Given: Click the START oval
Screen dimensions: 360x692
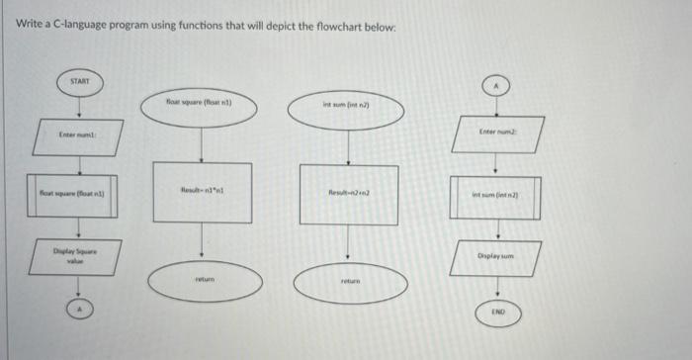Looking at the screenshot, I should pyautogui.click(x=80, y=81).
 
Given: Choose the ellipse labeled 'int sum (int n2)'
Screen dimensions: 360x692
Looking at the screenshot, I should pyautogui.click(x=346, y=106).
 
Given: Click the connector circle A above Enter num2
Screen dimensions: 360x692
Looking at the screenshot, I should pyautogui.click(x=495, y=87).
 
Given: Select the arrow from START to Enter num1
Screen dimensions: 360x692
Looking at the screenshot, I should pyautogui.click(x=80, y=106).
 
